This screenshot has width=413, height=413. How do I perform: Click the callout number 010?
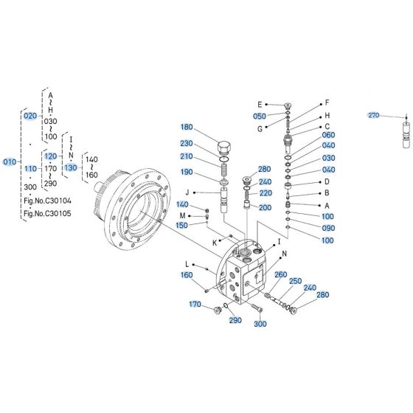(x=10, y=162)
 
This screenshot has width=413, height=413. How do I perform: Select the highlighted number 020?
(x=30, y=117)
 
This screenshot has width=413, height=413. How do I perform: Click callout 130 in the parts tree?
(x=70, y=168)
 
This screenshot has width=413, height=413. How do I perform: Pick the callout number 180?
(x=186, y=126)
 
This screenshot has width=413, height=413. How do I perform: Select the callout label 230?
(x=186, y=144)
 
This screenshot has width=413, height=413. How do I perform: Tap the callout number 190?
(x=186, y=172)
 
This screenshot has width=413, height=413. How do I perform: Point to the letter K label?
(x=215, y=242)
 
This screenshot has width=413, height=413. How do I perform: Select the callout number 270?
(x=372, y=116)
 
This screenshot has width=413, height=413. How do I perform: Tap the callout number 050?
(x=260, y=117)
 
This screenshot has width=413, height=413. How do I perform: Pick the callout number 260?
(x=280, y=274)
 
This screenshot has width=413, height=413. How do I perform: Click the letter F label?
(x=327, y=103)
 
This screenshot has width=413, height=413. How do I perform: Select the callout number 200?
(x=265, y=208)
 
